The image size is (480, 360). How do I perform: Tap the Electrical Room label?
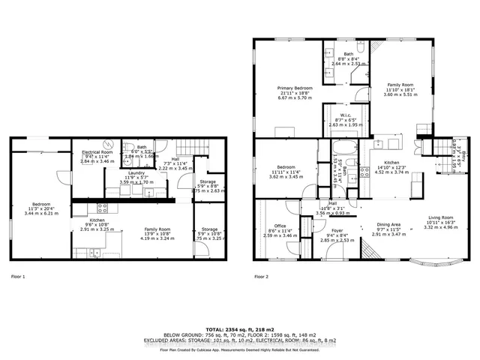click(x=97, y=152)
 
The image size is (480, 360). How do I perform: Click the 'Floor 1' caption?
click(x=18, y=277)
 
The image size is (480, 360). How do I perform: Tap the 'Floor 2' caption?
click(x=262, y=277)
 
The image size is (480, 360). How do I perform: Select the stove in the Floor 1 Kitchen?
click(x=103, y=207)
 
